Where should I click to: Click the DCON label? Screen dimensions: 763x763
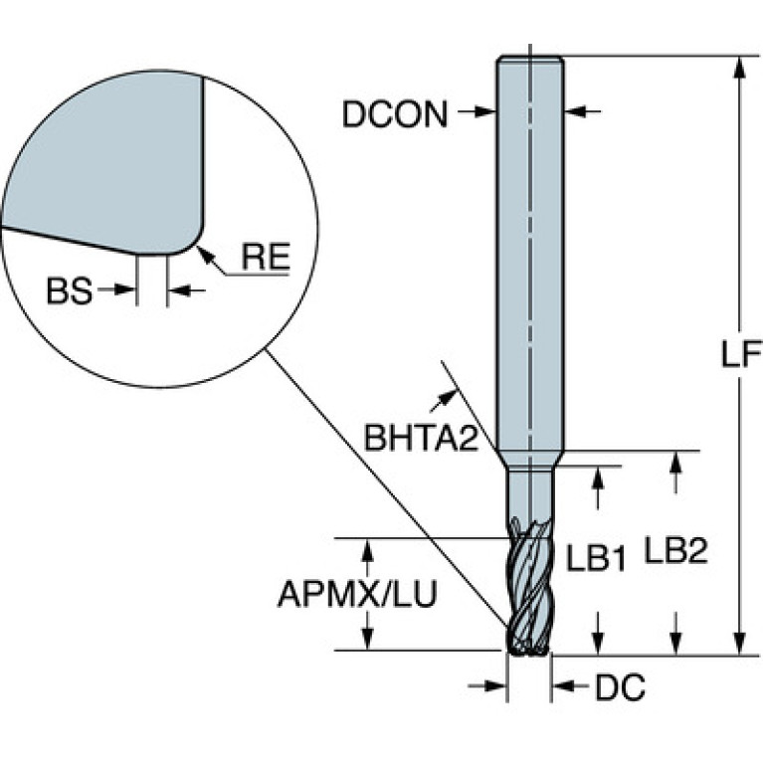[395, 114]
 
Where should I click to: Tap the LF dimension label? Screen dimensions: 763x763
[740, 354]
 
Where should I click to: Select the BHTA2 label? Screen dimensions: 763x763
[422, 438]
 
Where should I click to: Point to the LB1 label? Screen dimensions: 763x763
[596, 558]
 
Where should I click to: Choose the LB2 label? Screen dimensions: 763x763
[675, 550]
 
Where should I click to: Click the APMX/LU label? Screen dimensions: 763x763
[357, 594]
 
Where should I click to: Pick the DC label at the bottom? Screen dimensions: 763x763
[621, 687]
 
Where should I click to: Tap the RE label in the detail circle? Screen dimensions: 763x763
[266, 257]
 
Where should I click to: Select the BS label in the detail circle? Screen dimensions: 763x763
[69, 291]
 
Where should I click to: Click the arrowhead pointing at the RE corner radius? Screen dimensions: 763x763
[204, 253]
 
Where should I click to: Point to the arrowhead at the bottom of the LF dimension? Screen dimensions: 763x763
[740, 644]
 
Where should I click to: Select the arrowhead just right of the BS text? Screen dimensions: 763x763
[125, 289]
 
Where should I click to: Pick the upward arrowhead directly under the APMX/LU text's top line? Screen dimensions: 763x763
[368, 551]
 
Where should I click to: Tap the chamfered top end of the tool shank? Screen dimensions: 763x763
[530, 60]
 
